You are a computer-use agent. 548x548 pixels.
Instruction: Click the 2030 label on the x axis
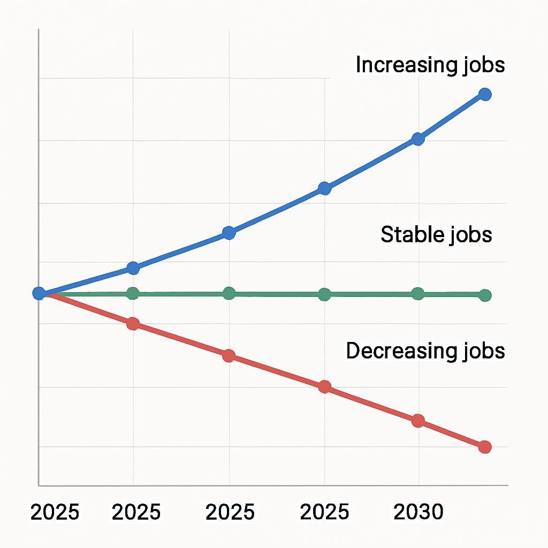pyautogui.click(x=418, y=512)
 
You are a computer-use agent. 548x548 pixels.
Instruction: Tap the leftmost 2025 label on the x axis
pyautogui.click(x=55, y=512)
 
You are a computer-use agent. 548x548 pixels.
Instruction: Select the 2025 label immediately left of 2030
pyautogui.click(x=324, y=512)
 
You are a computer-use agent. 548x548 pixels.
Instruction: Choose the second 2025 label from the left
pyautogui.click(x=136, y=512)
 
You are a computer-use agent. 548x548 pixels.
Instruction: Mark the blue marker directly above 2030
pyautogui.click(x=418, y=139)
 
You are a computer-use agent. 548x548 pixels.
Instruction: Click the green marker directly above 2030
pyautogui.click(x=418, y=294)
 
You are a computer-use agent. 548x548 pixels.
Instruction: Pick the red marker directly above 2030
pyautogui.click(x=418, y=421)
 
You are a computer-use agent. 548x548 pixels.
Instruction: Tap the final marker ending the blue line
pyautogui.click(x=485, y=95)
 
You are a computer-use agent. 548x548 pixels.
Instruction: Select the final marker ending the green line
pyautogui.click(x=485, y=295)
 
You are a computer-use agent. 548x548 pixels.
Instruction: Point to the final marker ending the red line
pyautogui.click(x=485, y=447)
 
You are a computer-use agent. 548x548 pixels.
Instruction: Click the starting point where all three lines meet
pyautogui.click(x=39, y=293)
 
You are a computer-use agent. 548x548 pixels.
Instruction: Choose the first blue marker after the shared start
pyautogui.click(x=133, y=268)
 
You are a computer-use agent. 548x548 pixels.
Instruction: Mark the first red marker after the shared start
pyautogui.click(x=133, y=324)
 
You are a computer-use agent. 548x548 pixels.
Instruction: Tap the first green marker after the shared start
pyautogui.click(x=133, y=293)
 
